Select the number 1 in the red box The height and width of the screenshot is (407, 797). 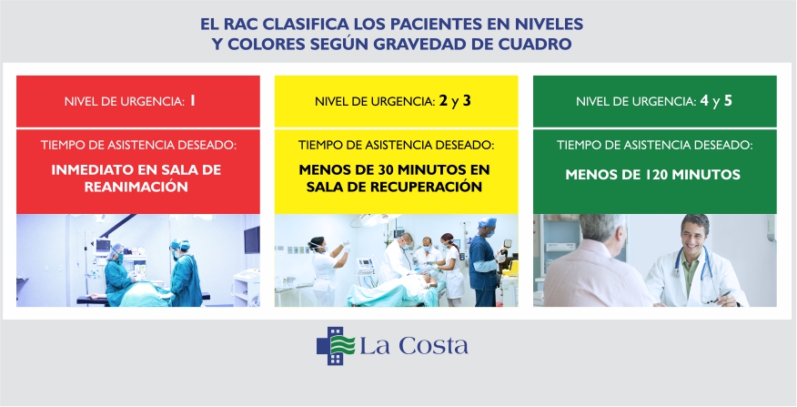(193, 101)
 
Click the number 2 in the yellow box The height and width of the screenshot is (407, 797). (444, 101)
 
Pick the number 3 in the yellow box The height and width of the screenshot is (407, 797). (467, 101)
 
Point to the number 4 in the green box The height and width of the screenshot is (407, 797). (704, 101)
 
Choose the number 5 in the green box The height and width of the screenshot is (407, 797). (728, 101)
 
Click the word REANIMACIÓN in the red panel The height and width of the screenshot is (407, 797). (136, 187)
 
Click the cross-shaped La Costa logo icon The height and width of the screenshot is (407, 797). (336, 345)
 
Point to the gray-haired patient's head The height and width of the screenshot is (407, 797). (602, 233)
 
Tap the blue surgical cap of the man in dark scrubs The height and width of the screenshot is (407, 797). (487, 223)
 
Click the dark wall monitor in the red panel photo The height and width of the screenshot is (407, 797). (252, 240)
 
